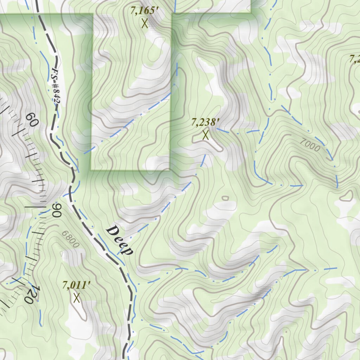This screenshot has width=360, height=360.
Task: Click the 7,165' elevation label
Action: coord(143,11)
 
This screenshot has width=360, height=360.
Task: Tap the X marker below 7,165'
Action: coord(144,24)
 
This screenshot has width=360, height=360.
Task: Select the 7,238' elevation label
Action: coord(205,122)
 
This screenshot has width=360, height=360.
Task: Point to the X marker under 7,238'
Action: coord(206,135)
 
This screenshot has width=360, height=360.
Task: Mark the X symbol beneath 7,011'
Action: coord(77,298)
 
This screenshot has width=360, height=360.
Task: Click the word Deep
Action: coord(120,240)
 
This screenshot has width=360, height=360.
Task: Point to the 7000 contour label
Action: coord(310,145)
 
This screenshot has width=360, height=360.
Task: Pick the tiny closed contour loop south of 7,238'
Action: coord(225,198)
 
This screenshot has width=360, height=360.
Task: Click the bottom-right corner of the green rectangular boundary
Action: coord(170,170)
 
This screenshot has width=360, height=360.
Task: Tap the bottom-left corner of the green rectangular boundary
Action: coord(91,170)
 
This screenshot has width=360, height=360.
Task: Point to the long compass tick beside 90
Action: coord(35,207)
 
